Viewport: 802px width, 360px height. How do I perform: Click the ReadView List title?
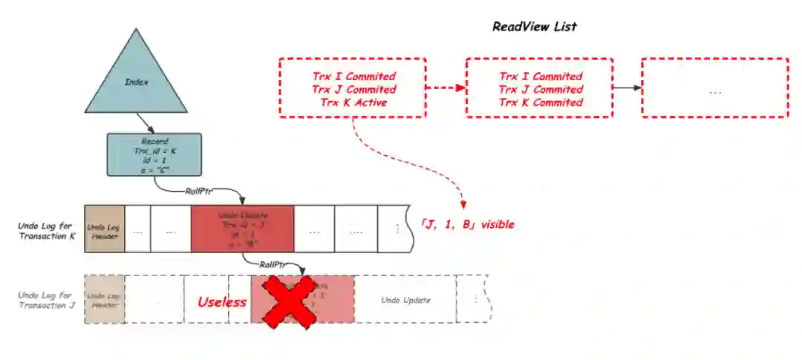pos(534,27)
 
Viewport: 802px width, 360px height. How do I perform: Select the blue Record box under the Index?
pos(154,154)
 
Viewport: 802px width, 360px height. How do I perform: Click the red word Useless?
pos(221,302)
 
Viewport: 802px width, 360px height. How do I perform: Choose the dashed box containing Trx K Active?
pos(353,88)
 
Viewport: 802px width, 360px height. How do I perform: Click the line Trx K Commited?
pos(540,102)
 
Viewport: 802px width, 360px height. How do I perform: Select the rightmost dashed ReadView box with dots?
pos(714,88)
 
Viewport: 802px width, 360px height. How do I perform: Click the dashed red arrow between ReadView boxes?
pos(446,88)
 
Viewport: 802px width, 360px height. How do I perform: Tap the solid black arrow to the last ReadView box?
pos(627,88)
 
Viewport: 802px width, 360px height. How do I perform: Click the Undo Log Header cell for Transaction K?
pos(101,229)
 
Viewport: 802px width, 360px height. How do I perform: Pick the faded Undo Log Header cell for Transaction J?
pos(103,299)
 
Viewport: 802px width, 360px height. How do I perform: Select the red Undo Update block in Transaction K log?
pos(242,229)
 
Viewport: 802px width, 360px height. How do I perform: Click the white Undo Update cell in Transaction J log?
pos(405,300)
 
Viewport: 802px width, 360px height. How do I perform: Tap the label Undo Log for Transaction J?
pos(46,299)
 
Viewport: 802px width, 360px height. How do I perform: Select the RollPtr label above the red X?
pos(274,264)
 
